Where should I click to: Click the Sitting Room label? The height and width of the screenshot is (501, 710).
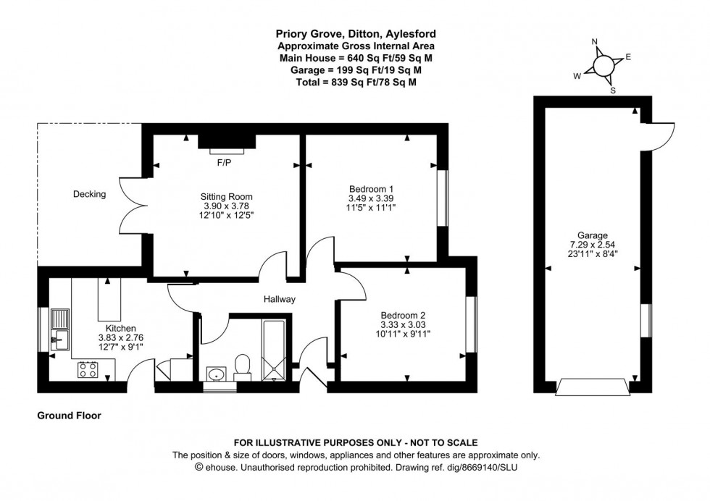[x=226, y=196]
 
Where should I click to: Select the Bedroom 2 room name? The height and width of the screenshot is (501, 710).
[x=403, y=315]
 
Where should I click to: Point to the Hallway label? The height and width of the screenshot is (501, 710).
[x=280, y=299]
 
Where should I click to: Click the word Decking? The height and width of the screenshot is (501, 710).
[x=89, y=194]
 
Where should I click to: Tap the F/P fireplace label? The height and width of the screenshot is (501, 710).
[x=224, y=162]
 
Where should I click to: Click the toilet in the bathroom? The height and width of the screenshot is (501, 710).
[x=243, y=366]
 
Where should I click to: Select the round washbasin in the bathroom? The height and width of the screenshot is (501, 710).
[x=216, y=374]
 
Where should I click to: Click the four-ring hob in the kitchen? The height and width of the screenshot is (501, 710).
[x=88, y=370]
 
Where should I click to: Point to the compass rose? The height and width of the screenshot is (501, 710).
[x=603, y=66]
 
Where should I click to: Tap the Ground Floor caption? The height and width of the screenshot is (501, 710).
[x=69, y=416]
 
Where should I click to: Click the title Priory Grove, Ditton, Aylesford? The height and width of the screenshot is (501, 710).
[x=355, y=33]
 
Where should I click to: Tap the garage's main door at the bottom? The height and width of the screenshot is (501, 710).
[x=590, y=387]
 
